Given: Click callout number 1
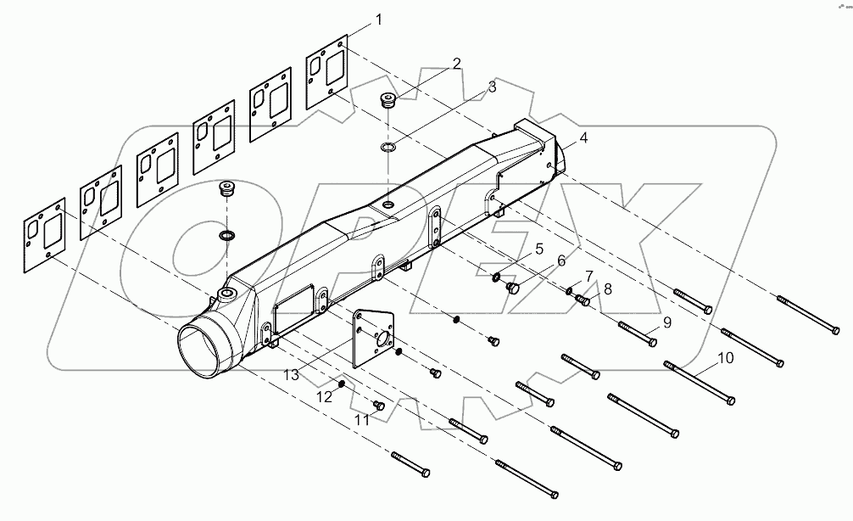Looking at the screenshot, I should [x=379, y=20].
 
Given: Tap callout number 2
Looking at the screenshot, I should [x=456, y=64].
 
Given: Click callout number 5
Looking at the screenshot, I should [x=538, y=249].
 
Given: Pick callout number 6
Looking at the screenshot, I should [x=560, y=261].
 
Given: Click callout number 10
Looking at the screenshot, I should [x=725, y=358].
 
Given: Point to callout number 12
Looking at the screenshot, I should [x=324, y=395].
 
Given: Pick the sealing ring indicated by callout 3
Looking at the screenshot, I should [x=389, y=149].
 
